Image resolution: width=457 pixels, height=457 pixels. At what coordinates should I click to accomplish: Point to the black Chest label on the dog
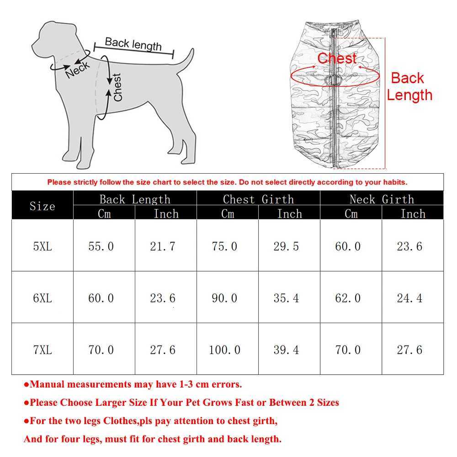118,87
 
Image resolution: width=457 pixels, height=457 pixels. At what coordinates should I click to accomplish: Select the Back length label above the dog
133,44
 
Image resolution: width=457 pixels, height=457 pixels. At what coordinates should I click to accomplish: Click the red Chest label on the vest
337,58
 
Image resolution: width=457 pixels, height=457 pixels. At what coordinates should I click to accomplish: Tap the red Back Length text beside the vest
409,86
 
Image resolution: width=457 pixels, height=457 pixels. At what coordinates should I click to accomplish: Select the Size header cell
42,206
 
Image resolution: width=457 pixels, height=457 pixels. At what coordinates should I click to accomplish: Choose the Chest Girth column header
258,199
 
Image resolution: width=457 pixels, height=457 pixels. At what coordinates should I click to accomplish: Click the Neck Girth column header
382,199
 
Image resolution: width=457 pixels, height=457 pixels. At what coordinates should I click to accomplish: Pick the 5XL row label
42,246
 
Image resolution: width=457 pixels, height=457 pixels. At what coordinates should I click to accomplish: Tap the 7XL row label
42,350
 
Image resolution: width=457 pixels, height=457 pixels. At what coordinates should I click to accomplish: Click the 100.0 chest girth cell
224,350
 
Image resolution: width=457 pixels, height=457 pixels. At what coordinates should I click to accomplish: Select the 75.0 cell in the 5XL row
224,246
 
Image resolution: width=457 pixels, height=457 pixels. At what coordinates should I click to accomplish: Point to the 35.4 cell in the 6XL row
286,298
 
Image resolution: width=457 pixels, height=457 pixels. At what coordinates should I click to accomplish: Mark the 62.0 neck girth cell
348,298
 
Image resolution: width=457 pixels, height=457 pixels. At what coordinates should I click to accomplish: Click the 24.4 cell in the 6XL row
409,298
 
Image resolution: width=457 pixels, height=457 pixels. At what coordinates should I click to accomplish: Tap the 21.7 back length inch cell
163,246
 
